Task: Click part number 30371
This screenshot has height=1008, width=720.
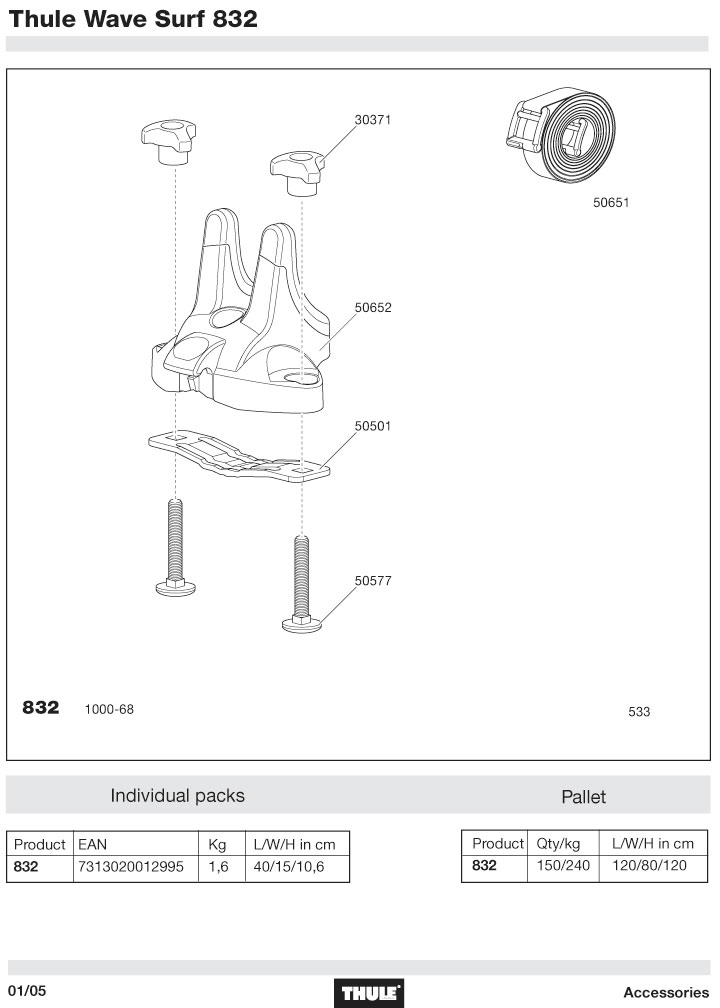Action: point(372,120)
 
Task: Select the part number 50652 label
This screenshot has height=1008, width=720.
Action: point(372,308)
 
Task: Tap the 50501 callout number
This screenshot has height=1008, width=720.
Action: point(372,425)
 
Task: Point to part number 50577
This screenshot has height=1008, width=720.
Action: point(372,578)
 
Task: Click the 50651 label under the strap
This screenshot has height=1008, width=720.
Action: point(611,202)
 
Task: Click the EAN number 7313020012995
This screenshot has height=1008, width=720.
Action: point(130,867)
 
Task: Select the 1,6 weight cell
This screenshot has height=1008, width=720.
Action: point(219,867)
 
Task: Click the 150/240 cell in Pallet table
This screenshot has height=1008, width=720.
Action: point(562,866)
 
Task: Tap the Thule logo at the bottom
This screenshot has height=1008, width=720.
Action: point(371,993)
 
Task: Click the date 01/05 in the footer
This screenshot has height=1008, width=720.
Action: point(28,991)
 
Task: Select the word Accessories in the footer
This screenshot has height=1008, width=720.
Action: point(665,993)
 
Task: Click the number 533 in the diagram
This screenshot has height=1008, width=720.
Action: point(639,712)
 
